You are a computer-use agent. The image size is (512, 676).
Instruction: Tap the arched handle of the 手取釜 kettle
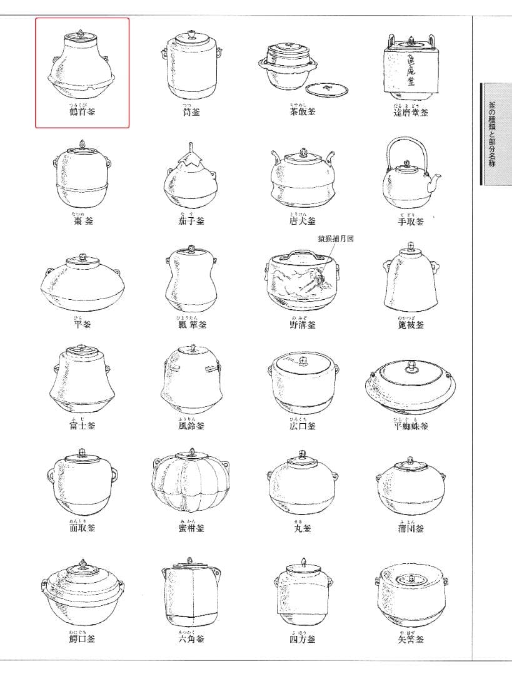pos(406,143)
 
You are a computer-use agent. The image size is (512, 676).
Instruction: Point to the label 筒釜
pos(190,112)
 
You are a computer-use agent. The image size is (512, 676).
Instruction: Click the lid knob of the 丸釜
pos(303,454)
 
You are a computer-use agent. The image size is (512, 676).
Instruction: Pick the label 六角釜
pos(190,639)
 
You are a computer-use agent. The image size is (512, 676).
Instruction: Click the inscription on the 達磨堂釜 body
pos(410,73)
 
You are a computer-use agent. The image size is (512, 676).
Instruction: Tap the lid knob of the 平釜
pos(81,257)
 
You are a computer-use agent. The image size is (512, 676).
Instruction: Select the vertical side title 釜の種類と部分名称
pos(493,134)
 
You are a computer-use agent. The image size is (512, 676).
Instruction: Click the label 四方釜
pos(303,639)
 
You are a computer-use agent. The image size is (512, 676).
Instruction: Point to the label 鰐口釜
pos(82,639)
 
